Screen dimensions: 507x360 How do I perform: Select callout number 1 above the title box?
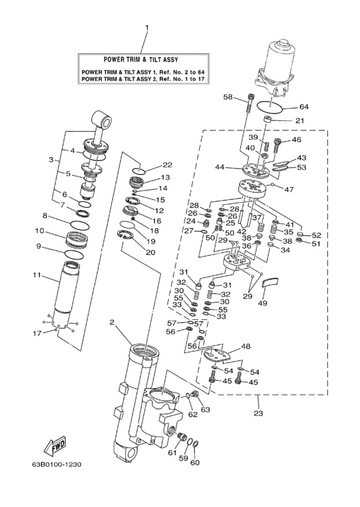147,28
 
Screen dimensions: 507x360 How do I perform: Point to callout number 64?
303,107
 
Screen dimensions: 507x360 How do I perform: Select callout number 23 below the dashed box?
258,412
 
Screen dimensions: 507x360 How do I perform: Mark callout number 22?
167,165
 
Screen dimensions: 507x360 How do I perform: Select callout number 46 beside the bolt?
296,139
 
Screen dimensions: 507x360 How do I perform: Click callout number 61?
172,453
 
